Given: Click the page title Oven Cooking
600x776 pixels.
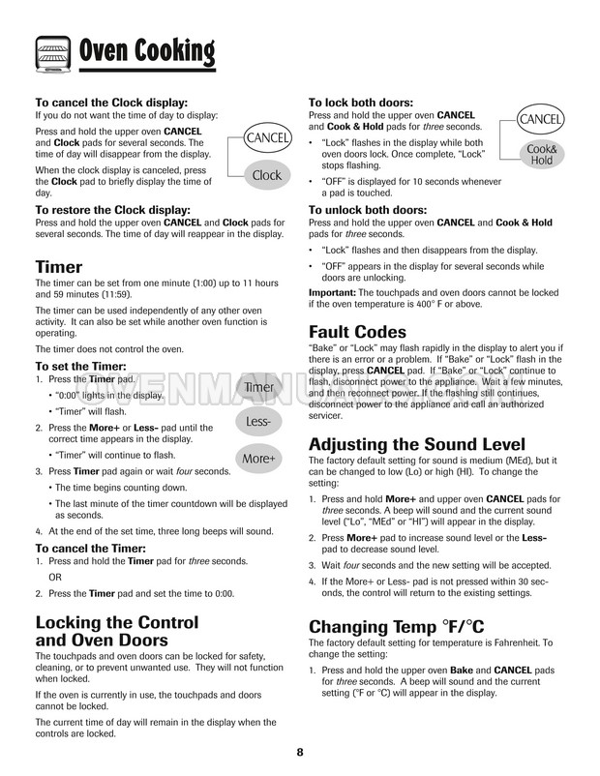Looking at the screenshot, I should (x=146, y=49).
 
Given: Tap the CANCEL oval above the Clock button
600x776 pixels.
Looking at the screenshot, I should (x=266, y=138).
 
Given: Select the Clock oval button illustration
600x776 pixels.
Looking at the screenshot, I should (x=266, y=175).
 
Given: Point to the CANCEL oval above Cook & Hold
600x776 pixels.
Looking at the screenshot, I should (x=540, y=119).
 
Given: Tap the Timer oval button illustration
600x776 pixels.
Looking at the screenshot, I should (x=258, y=388).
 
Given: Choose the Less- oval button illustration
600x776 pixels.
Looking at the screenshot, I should (x=258, y=423).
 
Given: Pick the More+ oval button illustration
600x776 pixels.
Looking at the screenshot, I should (x=258, y=457).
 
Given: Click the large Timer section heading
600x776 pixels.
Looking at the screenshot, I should (x=58, y=267).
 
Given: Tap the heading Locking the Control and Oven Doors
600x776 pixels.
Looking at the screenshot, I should (x=116, y=632).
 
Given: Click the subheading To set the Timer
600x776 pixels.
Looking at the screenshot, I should (x=81, y=367).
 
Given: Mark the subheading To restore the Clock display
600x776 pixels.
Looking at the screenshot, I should (x=112, y=209).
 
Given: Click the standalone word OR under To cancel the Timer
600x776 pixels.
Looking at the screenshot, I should (x=55, y=576).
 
